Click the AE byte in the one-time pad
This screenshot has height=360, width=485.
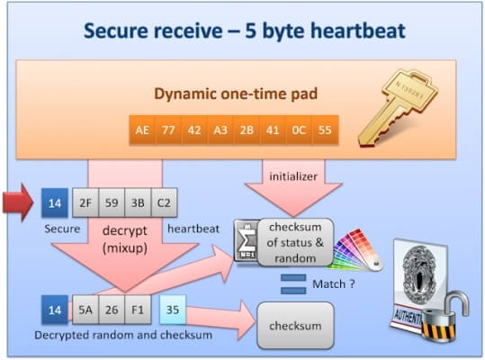pyautogui.click(x=142, y=129)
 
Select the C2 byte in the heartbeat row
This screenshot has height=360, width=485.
pyautogui.click(x=166, y=203)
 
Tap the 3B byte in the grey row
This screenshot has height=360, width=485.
pyautogui.click(x=139, y=203)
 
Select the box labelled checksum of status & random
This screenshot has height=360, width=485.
pyautogui.click(x=296, y=239)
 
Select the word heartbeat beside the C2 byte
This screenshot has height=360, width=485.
pyautogui.click(x=194, y=229)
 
